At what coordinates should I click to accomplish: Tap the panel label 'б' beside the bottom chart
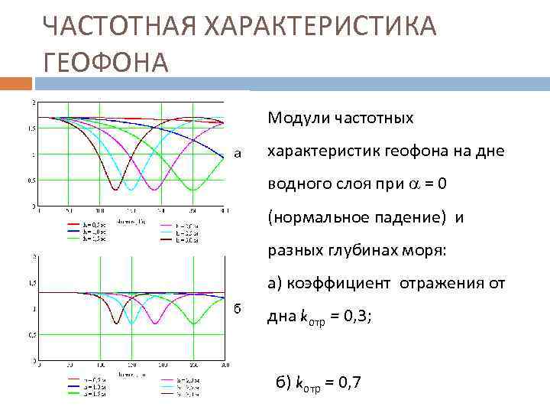coord(238,308)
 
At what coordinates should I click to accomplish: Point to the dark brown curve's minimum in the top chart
coord(115,189)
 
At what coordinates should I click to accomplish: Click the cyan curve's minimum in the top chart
coord(131,189)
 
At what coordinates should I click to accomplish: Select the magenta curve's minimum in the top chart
coord(154,189)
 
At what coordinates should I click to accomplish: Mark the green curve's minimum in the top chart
coord(193,189)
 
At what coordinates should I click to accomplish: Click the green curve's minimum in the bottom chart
coord(193,324)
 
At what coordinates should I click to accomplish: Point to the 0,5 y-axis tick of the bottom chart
coord(31,335)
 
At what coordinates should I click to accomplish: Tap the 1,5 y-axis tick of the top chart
coord(31,128)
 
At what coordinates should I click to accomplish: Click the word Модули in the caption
coord(293,119)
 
